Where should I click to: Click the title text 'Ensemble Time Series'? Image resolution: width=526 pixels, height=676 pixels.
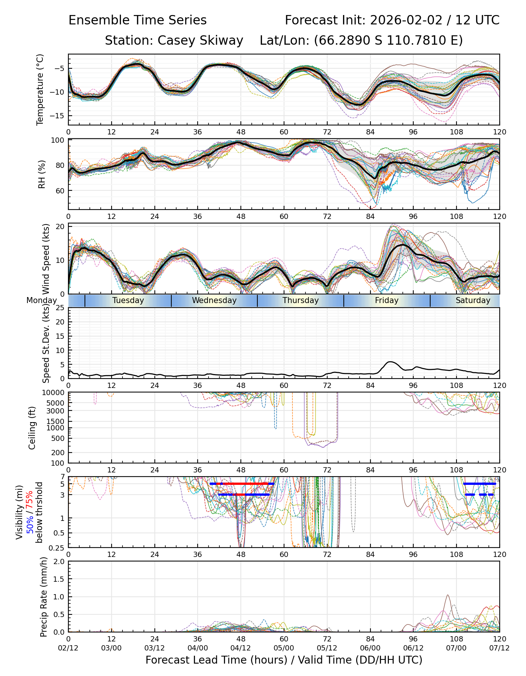(x=138, y=20)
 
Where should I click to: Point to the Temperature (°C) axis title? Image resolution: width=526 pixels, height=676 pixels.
(x=40, y=89)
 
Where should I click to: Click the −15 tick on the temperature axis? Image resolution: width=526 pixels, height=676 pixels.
(x=59, y=116)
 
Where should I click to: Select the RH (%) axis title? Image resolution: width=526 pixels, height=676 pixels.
(x=42, y=174)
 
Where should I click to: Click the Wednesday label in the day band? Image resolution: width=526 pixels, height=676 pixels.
(x=214, y=300)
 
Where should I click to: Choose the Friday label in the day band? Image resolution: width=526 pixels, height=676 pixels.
(x=387, y=300)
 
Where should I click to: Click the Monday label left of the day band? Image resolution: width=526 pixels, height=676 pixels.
(x=41, y=300)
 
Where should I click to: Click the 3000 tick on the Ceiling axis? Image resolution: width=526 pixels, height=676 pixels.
(x=56, y=411)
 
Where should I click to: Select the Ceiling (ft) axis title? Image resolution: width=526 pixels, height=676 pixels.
(x=32, y=428)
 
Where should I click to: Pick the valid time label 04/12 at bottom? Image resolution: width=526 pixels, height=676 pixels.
(x=241, y=648)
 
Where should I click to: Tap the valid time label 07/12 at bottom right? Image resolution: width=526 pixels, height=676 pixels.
(x=499, y=648)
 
